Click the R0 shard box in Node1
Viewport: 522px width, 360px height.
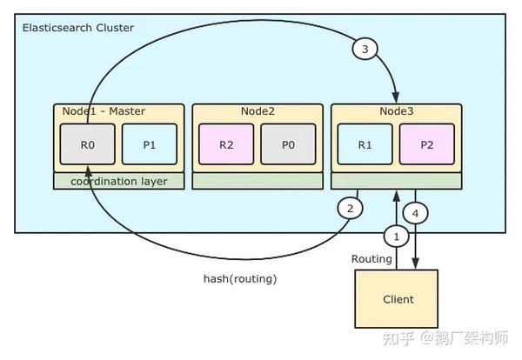pos(87,145)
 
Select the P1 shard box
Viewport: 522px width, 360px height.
pos(149,145)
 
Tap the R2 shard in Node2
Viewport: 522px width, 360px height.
pos(226,145)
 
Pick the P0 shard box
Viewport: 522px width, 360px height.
pos(288,145)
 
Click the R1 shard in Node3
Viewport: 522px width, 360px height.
pos(365,145)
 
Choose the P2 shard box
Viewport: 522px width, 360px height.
pos(426,145)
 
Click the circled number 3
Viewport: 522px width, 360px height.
pos(365,49)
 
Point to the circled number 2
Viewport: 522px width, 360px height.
pos(350,209)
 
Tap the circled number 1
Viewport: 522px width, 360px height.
pos(397,236)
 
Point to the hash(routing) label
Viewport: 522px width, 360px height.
pos(239,278)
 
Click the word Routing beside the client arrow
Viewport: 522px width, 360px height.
pos(371,259)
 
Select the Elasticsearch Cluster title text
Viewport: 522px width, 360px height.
pos(78,28)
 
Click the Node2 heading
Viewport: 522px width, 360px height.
pos(258,111)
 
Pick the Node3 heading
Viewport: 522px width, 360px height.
pos(397,111)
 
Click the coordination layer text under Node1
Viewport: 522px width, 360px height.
pos(119,181)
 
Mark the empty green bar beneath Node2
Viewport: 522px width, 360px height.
pos(258,181)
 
